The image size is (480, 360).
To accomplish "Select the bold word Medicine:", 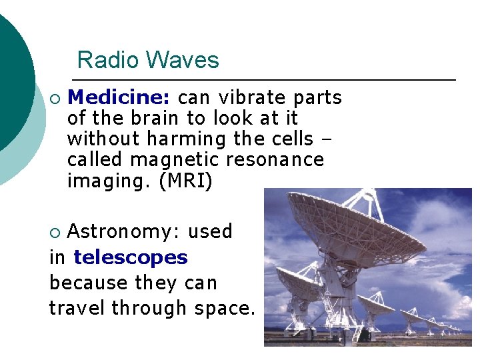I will pyautogui.click(x=119, y=97).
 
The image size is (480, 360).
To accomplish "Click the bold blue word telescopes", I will pyautogui.click(x=131, y=257).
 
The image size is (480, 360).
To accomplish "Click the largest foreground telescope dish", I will pyautogui.click(x=353, y=227).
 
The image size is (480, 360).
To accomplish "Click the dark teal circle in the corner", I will pyautogui.click(x=10, y=80).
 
